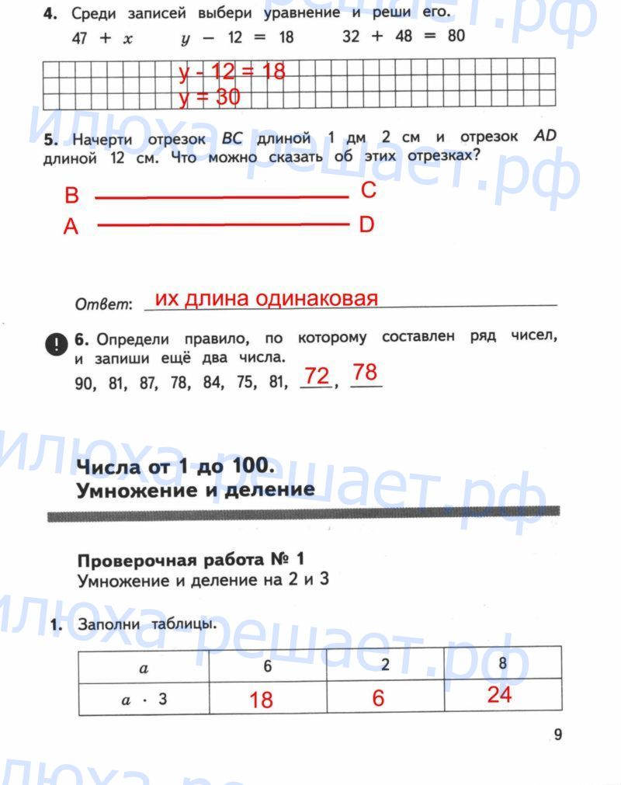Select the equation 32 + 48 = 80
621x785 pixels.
(403, 36)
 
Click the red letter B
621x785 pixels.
(71, 196)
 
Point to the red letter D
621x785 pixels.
(366, 225)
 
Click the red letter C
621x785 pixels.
(368, 191)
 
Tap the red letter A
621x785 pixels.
(71, 228)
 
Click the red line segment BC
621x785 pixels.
(221, 197)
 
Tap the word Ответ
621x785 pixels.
(104, 305)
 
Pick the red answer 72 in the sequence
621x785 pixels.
(316, 377)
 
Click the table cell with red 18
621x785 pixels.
(262, 700)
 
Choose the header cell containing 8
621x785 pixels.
(502, 665)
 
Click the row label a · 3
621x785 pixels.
(144, 699)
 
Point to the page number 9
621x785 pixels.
(557, 735)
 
